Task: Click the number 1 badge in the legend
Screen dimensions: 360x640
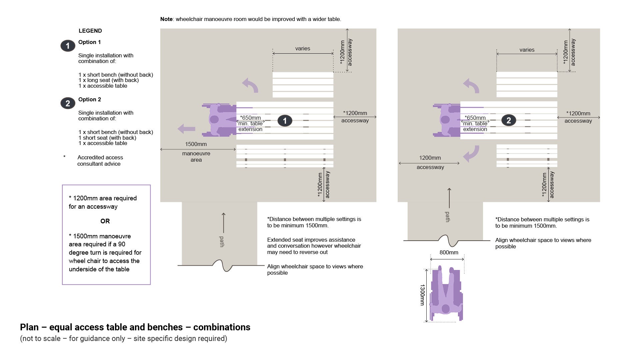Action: [x=68, y=46]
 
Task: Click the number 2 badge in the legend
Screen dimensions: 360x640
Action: [x=68, y=103]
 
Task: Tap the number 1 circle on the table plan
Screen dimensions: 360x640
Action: [x=285, y=121]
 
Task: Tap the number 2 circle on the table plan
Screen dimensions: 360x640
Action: [x=508, y=120]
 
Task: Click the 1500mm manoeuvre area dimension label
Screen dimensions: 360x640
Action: [x=196, y=144]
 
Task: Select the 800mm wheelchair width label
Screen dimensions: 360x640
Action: [x=449, y=253]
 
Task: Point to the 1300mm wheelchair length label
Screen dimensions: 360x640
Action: [x=422, y=295]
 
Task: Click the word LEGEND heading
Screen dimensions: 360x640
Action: [x=90, y=31]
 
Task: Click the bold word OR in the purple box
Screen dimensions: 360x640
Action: [x=105, y=221]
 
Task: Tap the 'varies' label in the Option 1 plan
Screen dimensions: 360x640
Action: [x=302, y=49]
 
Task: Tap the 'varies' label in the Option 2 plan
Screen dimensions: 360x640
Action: [x=527, y=50]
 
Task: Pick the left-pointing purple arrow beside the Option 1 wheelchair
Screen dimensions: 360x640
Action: [x=186, y=129]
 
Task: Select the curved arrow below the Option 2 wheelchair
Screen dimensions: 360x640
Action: [x=471, y=153]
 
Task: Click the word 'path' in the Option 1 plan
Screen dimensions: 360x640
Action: [x=222, y=241]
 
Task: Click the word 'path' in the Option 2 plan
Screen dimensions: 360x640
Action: [x=447, y=217]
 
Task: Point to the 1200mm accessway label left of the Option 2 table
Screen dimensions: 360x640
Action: [x=430, y=158]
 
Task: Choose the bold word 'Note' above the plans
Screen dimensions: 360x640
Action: [x=166, y=19]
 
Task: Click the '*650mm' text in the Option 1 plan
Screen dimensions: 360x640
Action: [x=250, y=118]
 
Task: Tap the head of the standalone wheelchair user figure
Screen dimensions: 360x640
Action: [x=446, y=309]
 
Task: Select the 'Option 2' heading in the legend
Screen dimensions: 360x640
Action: [x=90, y=100]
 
